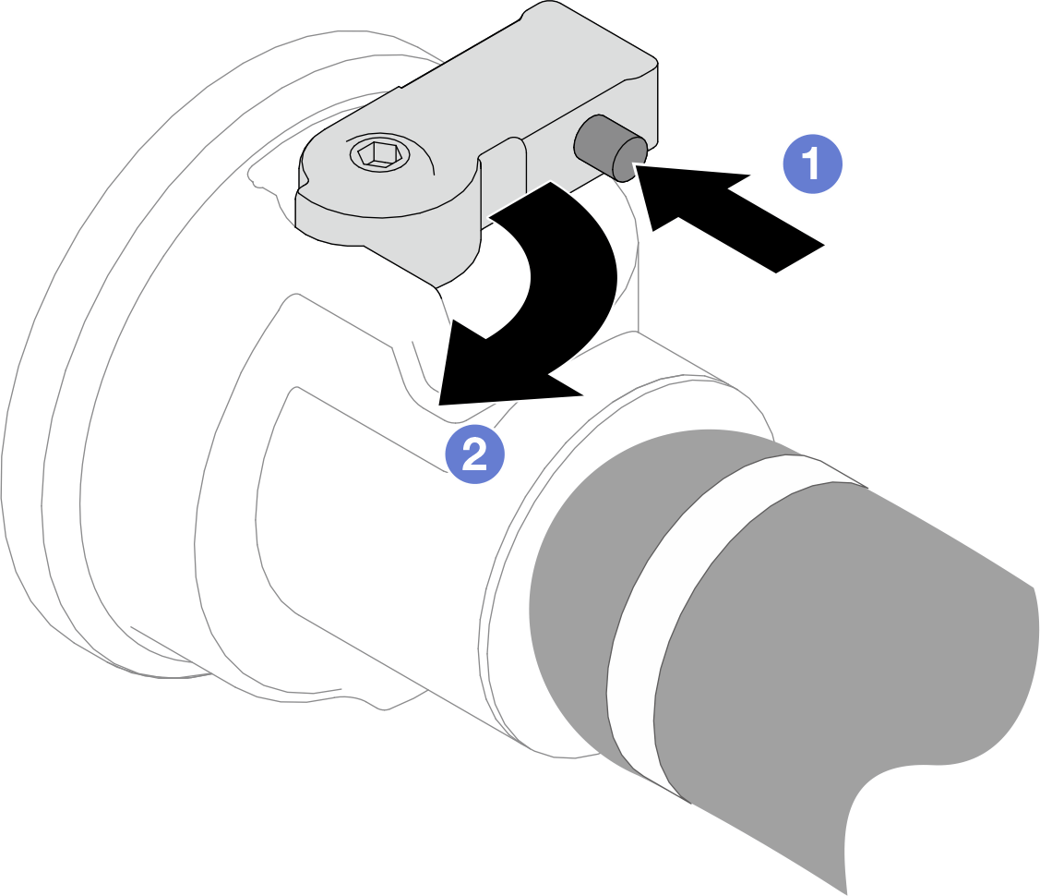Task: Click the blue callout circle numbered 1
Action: click(x=812, y=163)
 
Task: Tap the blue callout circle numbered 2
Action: click(x=475, y=454)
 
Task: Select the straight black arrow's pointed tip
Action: click(x=636, y=165)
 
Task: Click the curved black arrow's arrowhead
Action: click(x=491, y=371)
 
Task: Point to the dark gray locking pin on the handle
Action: click(x=610, y=148)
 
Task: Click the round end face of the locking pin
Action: click(x=630, y=159)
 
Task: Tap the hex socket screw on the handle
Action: click(x=379, y=155)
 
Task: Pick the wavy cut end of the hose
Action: click(x=942, y=763)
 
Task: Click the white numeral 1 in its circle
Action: click(x=812, y=163)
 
